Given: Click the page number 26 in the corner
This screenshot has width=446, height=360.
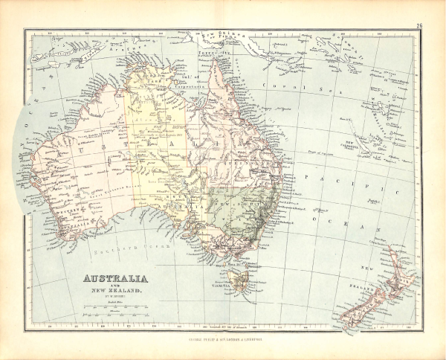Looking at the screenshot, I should point(419,28).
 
